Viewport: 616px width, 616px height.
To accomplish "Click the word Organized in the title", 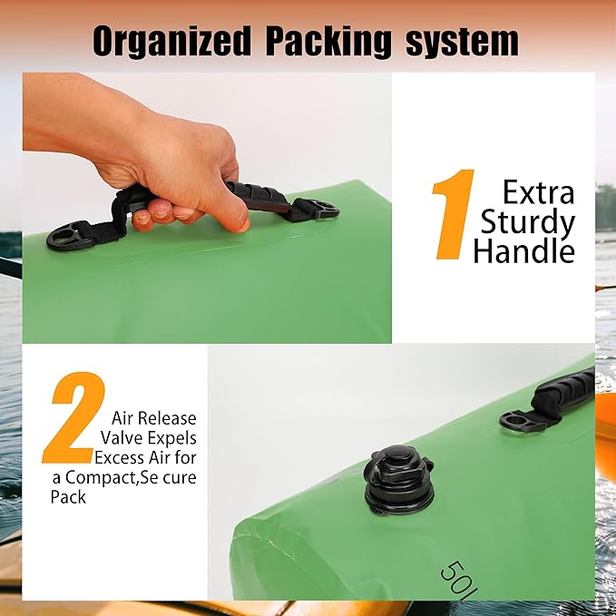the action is (x=172, y=42).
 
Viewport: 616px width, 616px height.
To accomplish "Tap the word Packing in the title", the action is (x=328, y=42).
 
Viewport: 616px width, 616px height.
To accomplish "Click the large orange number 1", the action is (x=453, y=214).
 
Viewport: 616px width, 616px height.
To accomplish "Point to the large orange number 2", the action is (x=74, y=417).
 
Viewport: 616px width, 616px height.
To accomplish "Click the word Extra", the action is (x=538, y=192).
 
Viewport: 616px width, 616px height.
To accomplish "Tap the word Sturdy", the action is (x=528, y=223).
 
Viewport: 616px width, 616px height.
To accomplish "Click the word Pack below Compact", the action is (x=68, y=497).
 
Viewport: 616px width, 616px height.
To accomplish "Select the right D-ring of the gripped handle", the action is (x=320, y=209).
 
